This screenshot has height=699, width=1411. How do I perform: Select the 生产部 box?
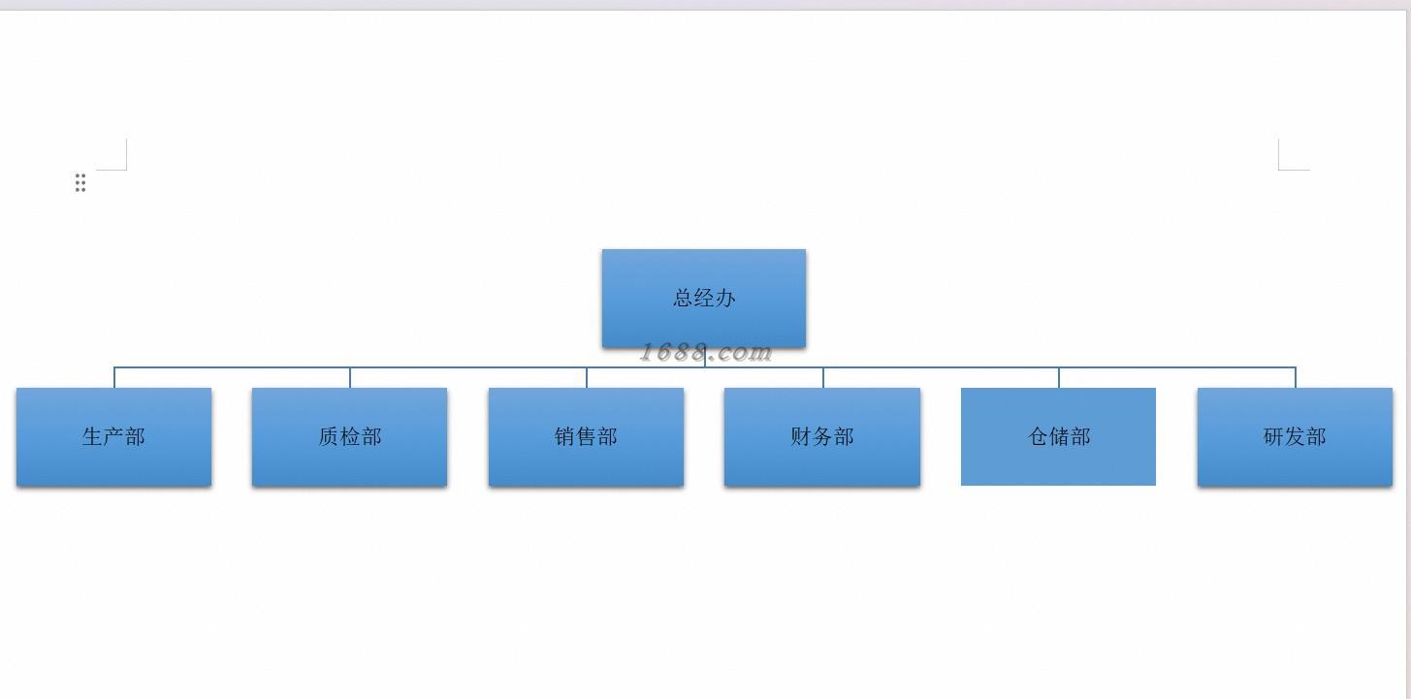pos(113,436)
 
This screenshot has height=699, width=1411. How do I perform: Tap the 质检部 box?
pos(349,436)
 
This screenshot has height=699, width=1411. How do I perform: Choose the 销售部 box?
pos(586,436)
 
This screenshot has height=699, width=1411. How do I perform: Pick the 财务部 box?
pos(821,436)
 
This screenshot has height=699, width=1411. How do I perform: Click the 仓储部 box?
pos(1058,436)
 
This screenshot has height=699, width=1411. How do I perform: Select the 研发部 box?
pos(1295,436)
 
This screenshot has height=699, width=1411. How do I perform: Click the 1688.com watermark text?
pos(705,353)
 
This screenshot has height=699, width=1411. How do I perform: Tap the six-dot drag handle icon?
pos(80,183)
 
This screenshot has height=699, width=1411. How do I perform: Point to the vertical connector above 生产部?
pos(114,378)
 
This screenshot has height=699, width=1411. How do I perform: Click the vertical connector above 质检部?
pos(350,378)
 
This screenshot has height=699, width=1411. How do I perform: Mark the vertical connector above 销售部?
pos(587,378)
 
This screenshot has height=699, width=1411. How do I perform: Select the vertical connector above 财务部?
pos(823,378)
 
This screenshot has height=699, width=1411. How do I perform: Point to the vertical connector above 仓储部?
pos(1059,378)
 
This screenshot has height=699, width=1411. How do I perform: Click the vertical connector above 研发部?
pos(1296,378)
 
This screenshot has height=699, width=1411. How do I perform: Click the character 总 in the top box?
pos(684,298)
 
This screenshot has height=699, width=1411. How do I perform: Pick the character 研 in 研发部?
pos(1274,436)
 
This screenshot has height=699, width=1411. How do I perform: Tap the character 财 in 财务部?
pos(801,436)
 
